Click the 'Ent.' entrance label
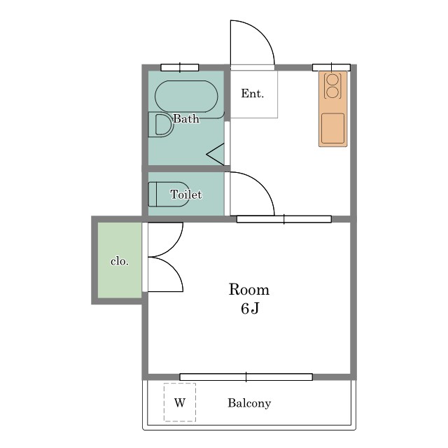point(252,94)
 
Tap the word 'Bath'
point(186,118)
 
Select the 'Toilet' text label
point(186,195)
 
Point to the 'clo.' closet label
point(120,261)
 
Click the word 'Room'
point(249,289)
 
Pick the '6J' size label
point(250,308)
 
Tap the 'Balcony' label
point(249,403)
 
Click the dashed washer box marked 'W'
point(180,402)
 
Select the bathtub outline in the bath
point(186,97)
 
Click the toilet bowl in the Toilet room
point(169,195)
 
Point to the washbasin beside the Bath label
point(161,125)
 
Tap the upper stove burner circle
point(332,79)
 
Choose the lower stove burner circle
point(332,92)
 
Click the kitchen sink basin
point(333,128)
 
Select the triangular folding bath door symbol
point(216,155)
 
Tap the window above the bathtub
point(180,68)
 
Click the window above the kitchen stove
point(331,68)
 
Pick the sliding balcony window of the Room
point(246,377)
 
